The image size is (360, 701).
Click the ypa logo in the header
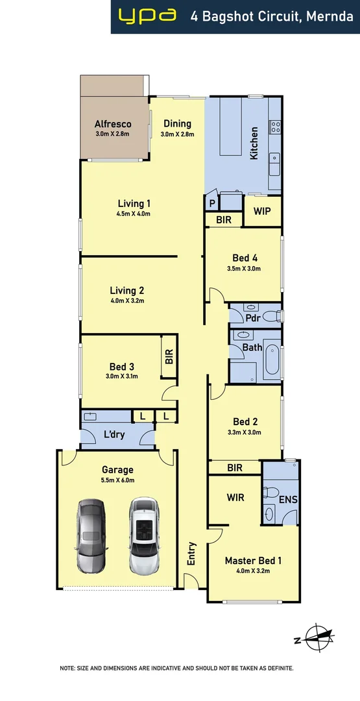pos(147,16)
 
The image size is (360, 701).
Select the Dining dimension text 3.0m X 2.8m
pos(177,134)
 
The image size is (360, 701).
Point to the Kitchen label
pos(254,143)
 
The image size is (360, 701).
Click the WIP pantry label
pos(262,211)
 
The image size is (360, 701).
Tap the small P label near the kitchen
pos(211,203)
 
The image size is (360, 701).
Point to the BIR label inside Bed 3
pos(169,356)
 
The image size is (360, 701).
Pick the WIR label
pos(235,497)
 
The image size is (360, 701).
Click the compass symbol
pos(316,638)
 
